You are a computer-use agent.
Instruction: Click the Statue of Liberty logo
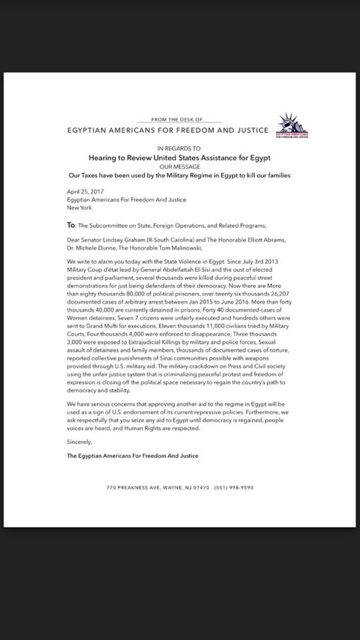pyautogui.click(x=290, y=125)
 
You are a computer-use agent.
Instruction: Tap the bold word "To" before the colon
pyautogui.click(x=71, y=225)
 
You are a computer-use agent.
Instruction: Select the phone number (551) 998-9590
pyautogui.click(x=233, y=488)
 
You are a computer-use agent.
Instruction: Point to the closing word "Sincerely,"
pyautogui.click(x=80, y=442)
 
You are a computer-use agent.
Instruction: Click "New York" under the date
pyautogui.click(x=79, y=208)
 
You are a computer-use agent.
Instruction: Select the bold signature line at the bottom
pyautogui.click(x=132, y=456)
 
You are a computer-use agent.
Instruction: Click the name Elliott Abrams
pyautogui.click(x=258, y=240)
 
